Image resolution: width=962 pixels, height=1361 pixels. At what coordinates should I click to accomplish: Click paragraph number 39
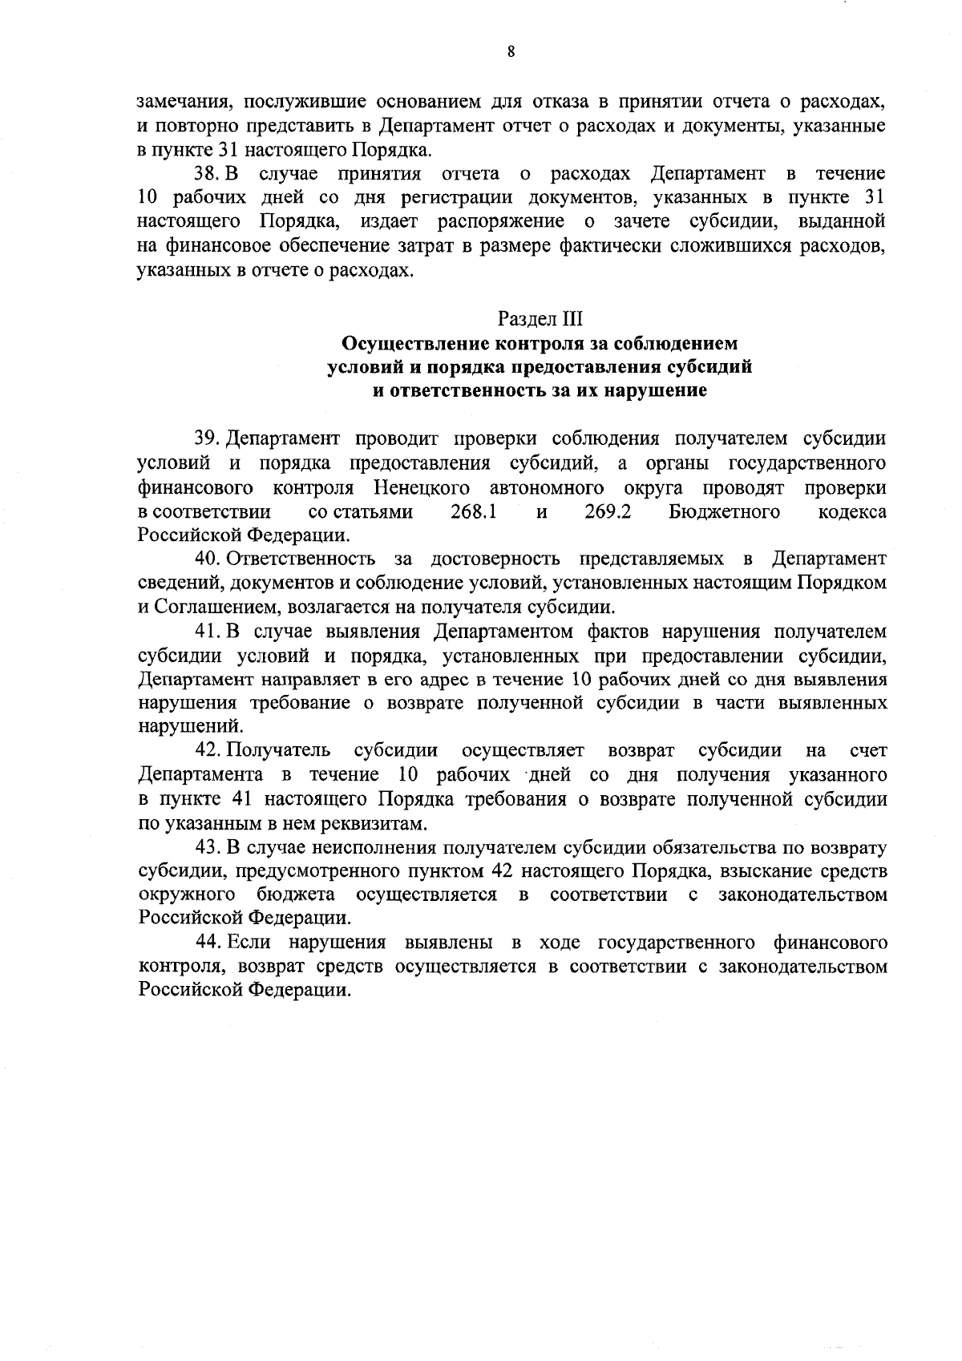coord(206,439)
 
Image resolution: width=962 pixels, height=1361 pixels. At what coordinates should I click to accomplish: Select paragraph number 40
coord(206,559)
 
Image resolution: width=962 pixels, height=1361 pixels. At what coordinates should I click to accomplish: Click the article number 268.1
coord(474,511)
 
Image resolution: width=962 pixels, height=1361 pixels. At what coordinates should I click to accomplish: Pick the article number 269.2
coord(608,511)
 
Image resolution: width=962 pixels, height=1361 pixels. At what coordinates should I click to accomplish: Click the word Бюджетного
coord(725,511)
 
